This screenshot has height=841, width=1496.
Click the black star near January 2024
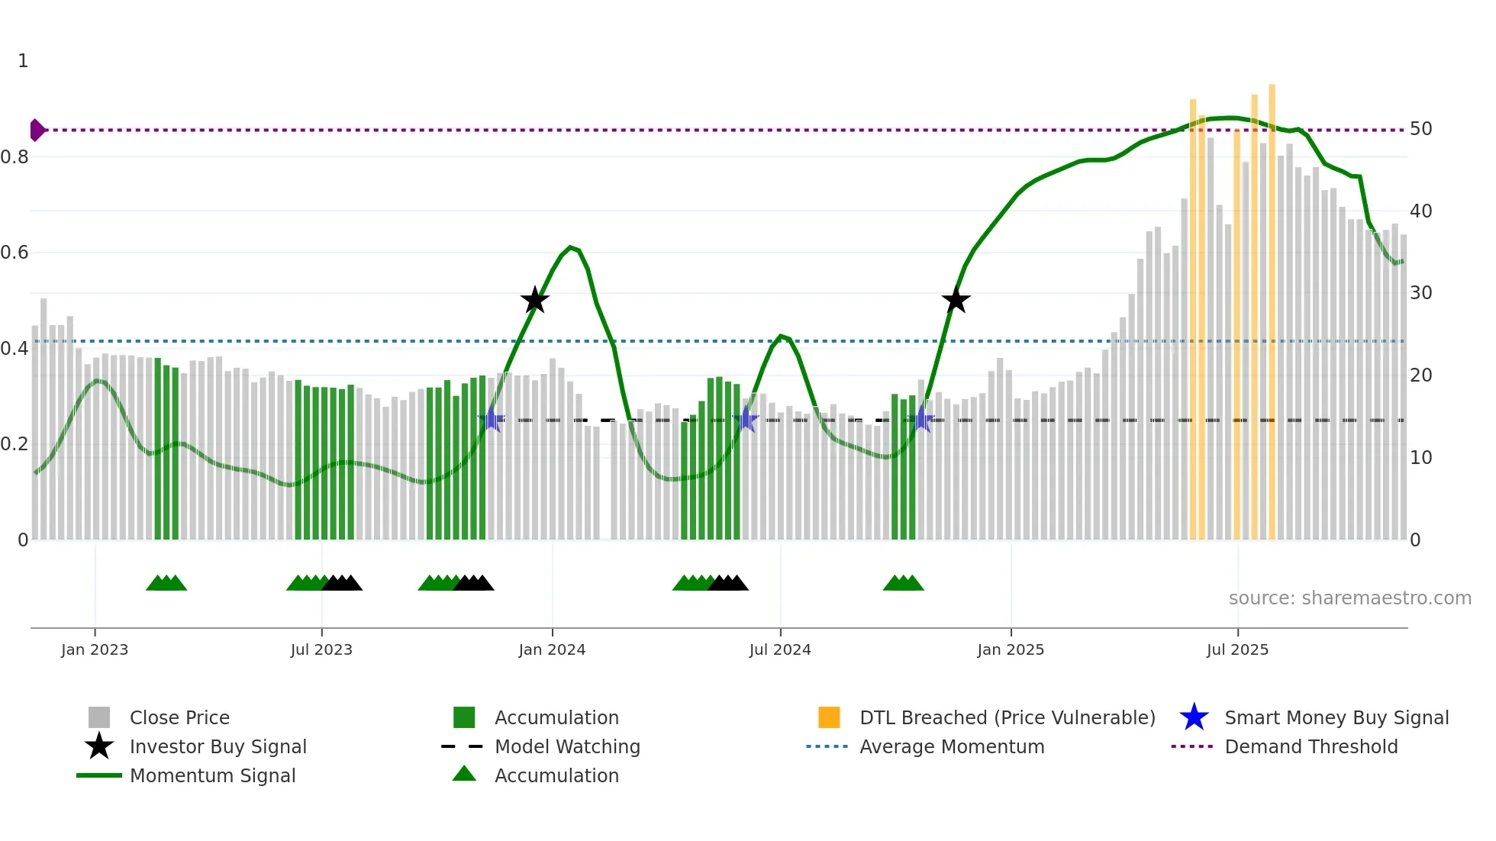tap(534, 300)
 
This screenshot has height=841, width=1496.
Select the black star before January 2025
tap(955, 300)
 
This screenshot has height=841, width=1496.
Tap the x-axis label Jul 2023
tap(321, 650)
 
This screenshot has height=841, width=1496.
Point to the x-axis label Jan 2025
tap(1010, 650)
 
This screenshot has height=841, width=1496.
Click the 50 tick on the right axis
tap(1420, 129)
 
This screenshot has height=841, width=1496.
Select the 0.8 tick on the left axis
tap(15, 157)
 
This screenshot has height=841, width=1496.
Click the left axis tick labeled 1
tap(23, 61)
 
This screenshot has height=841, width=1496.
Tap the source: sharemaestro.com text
tap(1349, 598)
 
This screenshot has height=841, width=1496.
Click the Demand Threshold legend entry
tap(1311, 747)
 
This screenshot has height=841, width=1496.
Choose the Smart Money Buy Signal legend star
tap(1194, 718)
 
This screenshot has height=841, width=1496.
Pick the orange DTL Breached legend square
tap(829, 717)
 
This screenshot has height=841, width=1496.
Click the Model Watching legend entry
tap(566, 747)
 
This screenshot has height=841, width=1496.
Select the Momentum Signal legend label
tap(212, 776)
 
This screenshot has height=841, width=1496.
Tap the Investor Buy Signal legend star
tap(99, 747)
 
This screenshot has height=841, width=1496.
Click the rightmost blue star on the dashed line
tap(922, 420)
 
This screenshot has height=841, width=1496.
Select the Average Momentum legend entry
tap(951, 747)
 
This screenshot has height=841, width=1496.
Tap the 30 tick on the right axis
tap(1420, 293)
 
